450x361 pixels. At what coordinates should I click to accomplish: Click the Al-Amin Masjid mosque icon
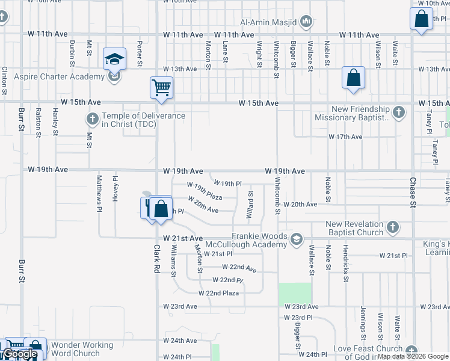click(307, 22)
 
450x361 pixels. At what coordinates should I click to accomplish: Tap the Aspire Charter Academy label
click(59, 76)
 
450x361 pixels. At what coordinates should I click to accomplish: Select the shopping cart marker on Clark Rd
click(161, 87)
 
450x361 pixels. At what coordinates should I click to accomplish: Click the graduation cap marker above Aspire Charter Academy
click(114, 60)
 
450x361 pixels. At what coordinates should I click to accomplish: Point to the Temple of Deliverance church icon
click(92, 118)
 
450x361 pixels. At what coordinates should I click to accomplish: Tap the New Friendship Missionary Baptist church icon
click(398, 112)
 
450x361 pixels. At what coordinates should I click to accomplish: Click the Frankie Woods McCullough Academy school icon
click(295, 239)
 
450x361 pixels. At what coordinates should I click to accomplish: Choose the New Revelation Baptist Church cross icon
click(392, 227)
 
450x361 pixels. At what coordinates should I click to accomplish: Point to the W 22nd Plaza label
click(219, 293)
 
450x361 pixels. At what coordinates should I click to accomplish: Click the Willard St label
click(250, 205)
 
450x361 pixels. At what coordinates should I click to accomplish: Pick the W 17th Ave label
click(345, 137)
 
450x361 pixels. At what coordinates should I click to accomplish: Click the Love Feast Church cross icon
click(411, 350)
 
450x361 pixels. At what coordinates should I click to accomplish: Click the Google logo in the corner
click(20, 354)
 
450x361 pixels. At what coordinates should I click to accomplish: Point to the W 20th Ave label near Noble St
click(300, 205)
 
